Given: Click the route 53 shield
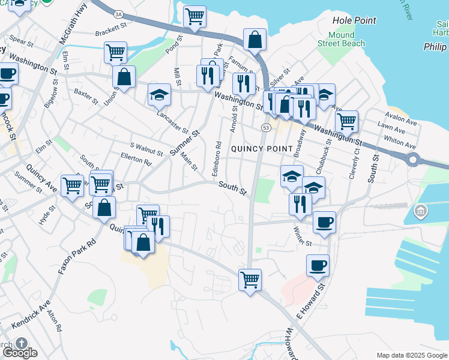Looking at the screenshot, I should click(x=265, y=127).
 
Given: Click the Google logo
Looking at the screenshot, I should click(x=19, y=353).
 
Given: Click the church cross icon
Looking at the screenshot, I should click(x=22, y=343).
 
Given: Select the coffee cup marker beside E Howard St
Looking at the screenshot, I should click(x=318, y=265).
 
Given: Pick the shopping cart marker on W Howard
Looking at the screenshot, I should click(x=250, y=279).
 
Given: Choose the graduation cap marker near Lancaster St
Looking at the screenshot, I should click(x=159, y=94).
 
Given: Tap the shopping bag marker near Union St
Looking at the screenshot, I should click(x=124, y=77).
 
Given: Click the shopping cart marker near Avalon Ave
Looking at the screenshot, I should click(x=346, y=121).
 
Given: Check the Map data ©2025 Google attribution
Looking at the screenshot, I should click(x=412, y=355).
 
